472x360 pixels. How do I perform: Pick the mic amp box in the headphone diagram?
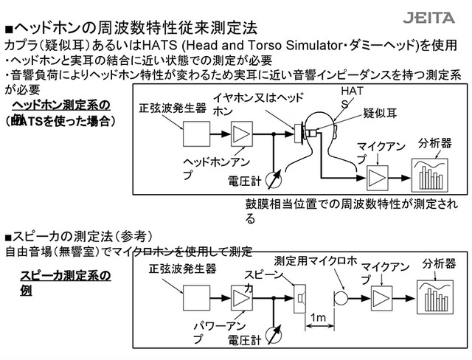tap(376, 177)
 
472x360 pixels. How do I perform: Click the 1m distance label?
tap(319, 317)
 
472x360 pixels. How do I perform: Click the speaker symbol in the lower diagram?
tap(300, 298)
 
